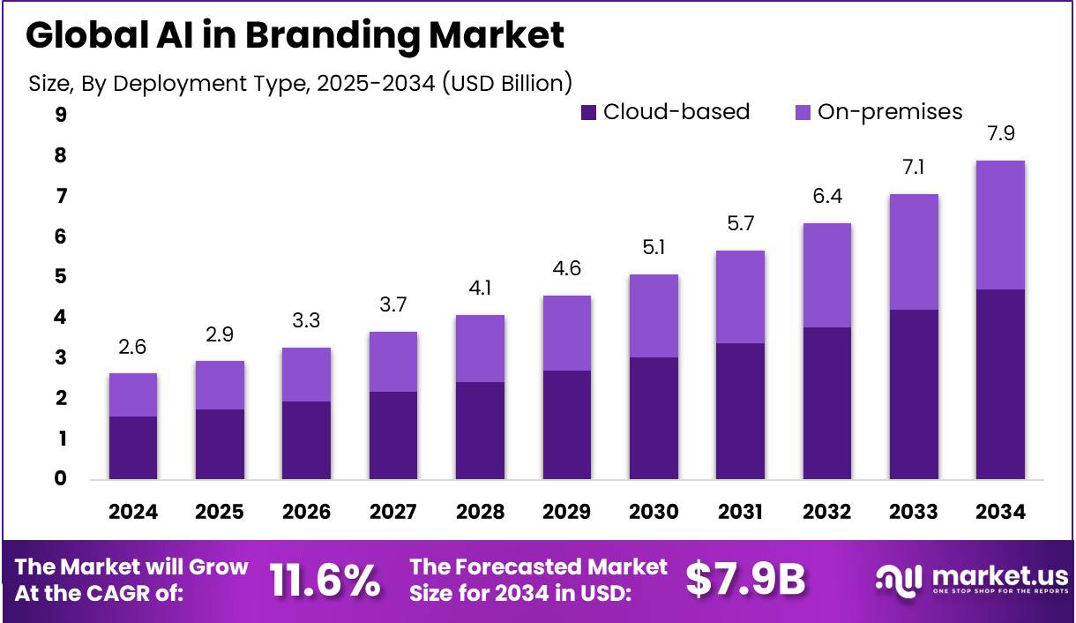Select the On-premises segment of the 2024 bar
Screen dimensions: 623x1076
(132, 394)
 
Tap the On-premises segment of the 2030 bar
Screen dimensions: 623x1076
(654, 316)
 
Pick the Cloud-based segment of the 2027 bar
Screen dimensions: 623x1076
(392, 435)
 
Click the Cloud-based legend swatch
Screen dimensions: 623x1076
(589, 112)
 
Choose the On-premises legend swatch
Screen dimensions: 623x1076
(803, 112)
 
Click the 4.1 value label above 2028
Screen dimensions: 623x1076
(479, 289)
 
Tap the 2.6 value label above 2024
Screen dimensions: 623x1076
(132, 347)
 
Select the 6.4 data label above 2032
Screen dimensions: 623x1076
(826, 197)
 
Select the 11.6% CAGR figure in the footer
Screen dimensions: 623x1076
(325, 579)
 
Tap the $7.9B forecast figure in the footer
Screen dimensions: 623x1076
(746, 579)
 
